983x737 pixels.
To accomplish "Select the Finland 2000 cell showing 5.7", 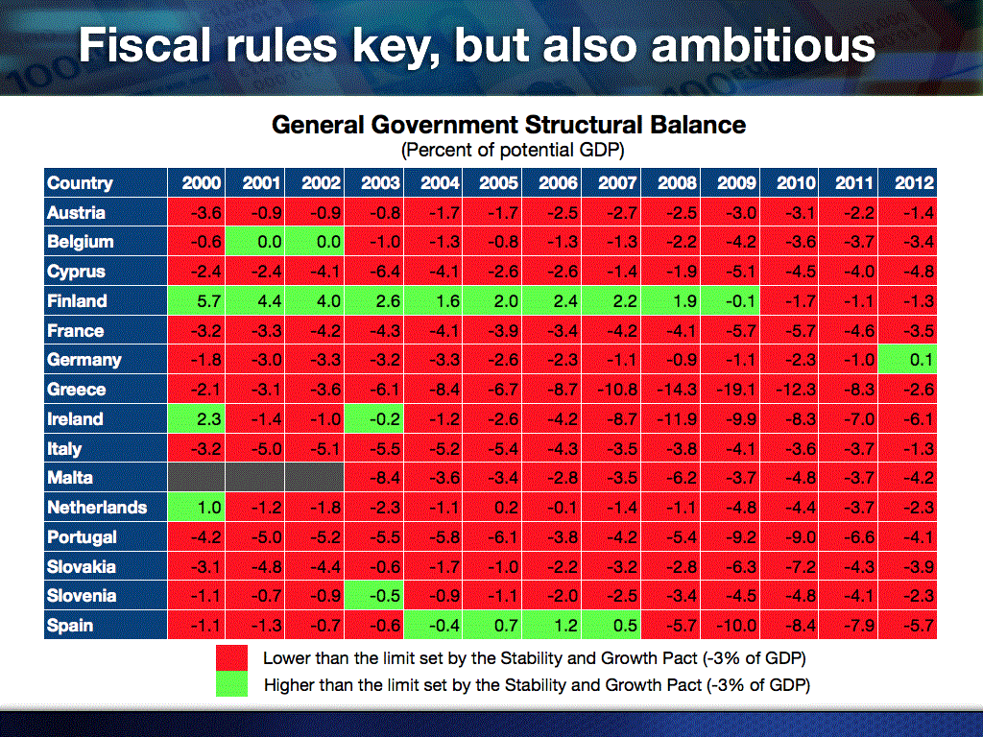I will [198, 301].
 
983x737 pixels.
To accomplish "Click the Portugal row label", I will [82, 537].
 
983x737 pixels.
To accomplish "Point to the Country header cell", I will [80, 183].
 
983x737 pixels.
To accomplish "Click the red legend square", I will [231, 658].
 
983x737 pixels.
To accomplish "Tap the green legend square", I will [231, 684].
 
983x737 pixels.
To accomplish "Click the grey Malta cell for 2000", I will [198, 478].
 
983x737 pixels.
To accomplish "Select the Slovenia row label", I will [82, 596].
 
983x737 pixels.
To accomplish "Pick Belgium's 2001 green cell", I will [256, 242].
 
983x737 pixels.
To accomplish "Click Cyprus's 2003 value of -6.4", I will [374, 272].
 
